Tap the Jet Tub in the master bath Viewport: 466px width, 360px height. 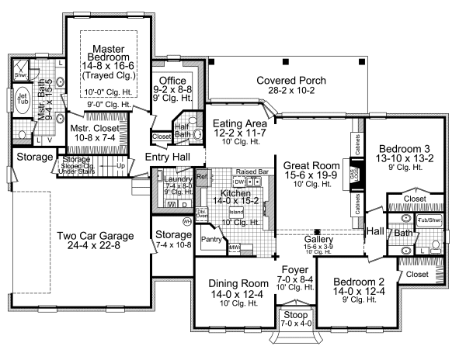pyautogui.click(x=23, y=99)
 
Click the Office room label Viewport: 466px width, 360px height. pyautogui.click(x=172, y=80)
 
